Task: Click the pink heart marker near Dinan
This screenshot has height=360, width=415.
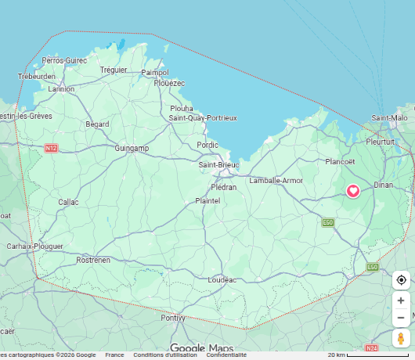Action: pyautogui.click(x=353, y=190)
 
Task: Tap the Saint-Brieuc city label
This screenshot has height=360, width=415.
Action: pyautogui.click(x=218, y=165)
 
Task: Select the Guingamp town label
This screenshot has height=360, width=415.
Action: pyautogui.click(x=131, y=148)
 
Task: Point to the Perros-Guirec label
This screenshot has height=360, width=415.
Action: pyautogui.click(x=65, y=60)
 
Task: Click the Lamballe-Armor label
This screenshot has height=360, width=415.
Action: pyautogui.click(x=276, y=180)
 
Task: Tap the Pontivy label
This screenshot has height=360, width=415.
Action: pyautogui.click(x=173, y=318)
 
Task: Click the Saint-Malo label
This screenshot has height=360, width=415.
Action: pyautogui.click(x=389, y=117)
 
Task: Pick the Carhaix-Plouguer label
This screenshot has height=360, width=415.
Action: pyautogui.click(x=34, y=247)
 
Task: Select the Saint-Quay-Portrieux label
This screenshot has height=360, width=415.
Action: pyautogui.click(x=203, y=117)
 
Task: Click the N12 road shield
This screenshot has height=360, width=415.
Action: pyautogui.click(x=52, y=148)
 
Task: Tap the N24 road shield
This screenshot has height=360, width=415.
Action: pyautogui.click(x=371, y=347)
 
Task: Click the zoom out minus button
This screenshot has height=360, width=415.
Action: pyautogui.click(x=401, y=318)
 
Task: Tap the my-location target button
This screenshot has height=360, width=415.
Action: pyautogui.click(x=401, y=280)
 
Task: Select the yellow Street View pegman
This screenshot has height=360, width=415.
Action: pyautogui.click(x=401, y=339)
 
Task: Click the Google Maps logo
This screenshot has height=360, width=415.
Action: pyautogui.click(x=202, y=348)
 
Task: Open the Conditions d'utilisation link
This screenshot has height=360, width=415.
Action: pyautogui.click(x=165, y=355)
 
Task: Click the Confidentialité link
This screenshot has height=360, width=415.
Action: pyautogui.click(x=226, y=355)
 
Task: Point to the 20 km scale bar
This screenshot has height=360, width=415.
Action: pyautogui.click(x=367, y=355)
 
